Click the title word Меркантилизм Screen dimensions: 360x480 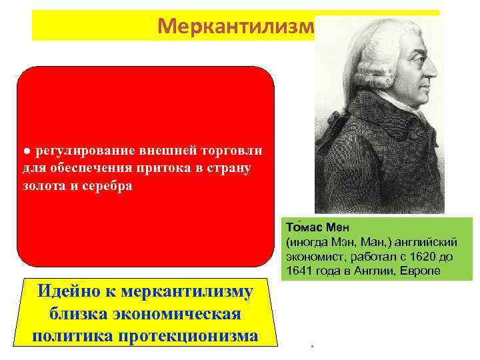tap(236, 25)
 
